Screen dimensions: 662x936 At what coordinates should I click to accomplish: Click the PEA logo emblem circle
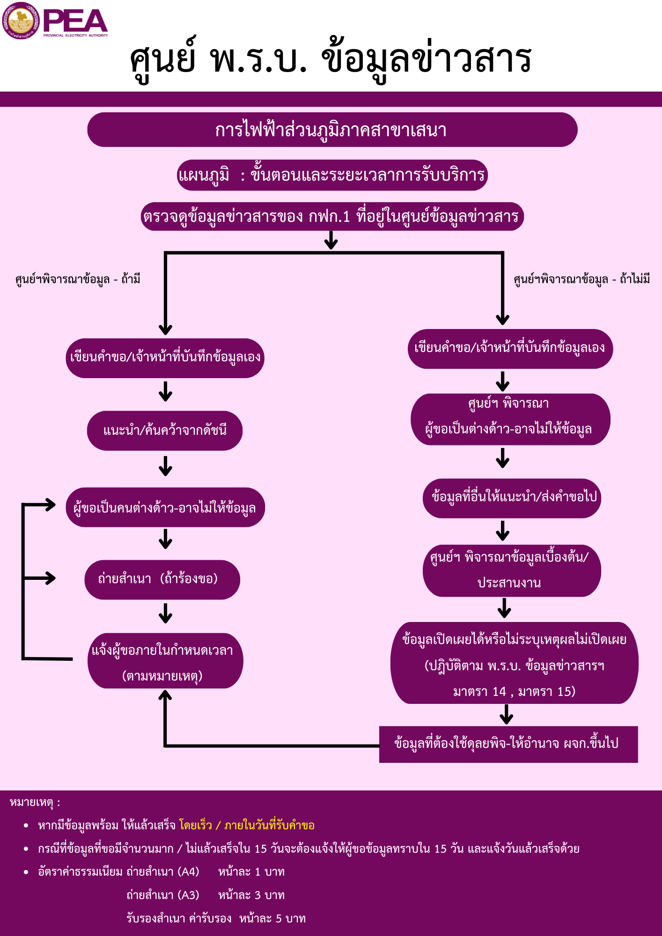coord(21,21)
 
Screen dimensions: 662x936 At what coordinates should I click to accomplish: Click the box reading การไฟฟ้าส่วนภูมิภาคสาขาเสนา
coord(332,130)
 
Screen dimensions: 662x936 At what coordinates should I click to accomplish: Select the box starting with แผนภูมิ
coord(332,175)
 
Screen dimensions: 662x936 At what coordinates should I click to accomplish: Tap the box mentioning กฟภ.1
coord(332,216)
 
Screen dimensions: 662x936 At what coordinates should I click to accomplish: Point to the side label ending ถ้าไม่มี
coord(582,279)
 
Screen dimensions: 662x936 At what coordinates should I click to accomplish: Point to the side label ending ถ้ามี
coord(78,279)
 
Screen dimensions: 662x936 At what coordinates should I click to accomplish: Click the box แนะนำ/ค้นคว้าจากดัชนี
coord(165,431)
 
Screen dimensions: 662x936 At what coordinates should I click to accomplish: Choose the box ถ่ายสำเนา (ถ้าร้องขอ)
coord(162,579)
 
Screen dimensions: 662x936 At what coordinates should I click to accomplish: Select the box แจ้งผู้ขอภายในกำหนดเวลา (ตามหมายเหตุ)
coord(165,661)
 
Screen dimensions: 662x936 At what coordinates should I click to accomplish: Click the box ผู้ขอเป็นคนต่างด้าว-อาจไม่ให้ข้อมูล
coord(165,507)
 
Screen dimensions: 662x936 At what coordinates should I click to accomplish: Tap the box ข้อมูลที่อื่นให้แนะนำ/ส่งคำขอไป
coord(512,498)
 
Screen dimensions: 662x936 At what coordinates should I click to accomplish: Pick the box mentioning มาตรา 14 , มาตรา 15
coord(515,663)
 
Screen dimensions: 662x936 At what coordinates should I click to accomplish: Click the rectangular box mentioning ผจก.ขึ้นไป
coord(508,744)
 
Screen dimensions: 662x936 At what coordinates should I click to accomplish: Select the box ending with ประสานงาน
coord(512,570)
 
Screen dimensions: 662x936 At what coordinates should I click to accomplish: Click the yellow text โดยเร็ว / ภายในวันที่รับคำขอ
coord(247,826)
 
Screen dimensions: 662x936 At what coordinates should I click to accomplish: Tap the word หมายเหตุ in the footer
coord(31,803)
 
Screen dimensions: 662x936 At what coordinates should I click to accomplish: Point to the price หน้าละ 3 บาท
coord(251,895)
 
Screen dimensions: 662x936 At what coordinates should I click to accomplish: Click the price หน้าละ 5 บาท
coord(272,919)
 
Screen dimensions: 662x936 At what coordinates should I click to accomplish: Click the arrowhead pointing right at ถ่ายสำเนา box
coord(50,578)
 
